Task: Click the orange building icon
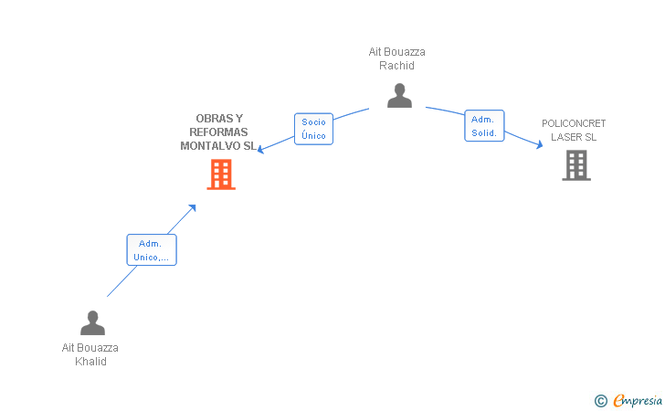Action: pos(221,174)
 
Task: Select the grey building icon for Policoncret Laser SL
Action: pos(576,165)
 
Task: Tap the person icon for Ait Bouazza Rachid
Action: pos(399,95)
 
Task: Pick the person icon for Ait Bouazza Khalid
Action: pos(92,322)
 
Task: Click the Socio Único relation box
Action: pos(314,129)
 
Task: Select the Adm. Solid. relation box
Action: pos(484,125)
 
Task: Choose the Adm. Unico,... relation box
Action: pos(152,250)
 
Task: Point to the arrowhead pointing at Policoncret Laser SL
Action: pos(540,145)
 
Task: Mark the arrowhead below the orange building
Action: pos(193,208)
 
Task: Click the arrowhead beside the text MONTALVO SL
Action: pos(261,149)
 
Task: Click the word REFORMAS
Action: pos(218,132)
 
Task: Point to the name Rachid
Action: pos(396,66)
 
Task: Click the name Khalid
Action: pos(90,362)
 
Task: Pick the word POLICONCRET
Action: pos(574,123)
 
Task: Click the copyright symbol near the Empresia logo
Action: pos(601,401)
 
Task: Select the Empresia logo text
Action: pos(638,401)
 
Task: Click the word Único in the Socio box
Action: pos(314,136)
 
